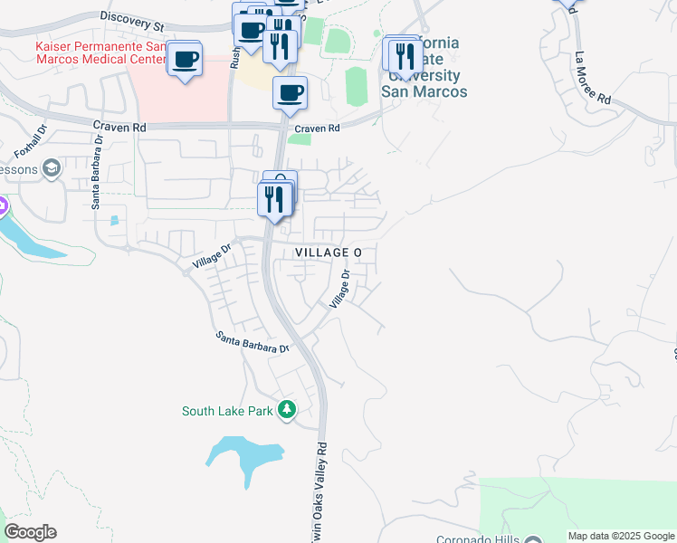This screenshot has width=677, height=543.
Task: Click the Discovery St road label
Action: point(132,17)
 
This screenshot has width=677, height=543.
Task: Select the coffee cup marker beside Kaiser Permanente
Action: point(186,60)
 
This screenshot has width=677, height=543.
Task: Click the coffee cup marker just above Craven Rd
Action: point(291,92)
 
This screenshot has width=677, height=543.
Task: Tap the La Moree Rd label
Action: point(592,73)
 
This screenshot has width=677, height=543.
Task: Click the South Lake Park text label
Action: point(227,411)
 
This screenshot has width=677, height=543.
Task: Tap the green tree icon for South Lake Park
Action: point(287,411)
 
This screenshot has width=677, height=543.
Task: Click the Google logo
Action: point(30,532)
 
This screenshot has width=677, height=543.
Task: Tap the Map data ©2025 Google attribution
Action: point(621,536)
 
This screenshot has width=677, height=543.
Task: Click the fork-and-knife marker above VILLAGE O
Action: point(275,198)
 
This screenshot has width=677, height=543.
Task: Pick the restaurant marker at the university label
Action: point(399,55)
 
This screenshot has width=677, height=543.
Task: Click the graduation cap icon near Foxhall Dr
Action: point(52,167)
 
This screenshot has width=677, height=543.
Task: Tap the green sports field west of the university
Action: point(357,85)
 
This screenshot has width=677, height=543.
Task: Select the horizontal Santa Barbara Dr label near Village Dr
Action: point(253,342)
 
